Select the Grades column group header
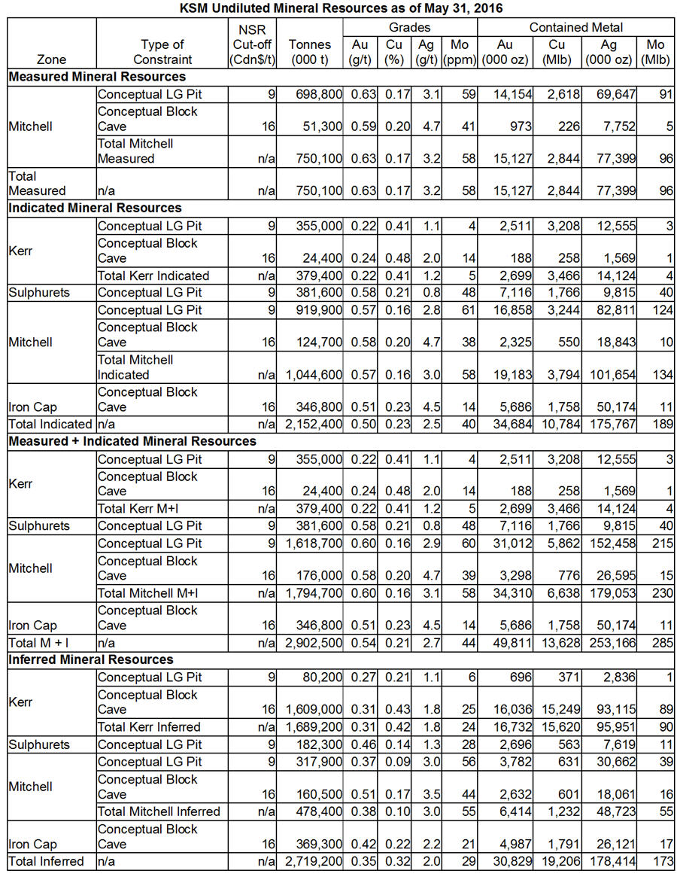(409, 27)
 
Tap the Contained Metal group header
(575, 27)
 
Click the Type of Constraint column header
(162, 51)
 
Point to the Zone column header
(51, 59)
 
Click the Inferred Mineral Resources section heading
(91, 659)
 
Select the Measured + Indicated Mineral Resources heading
(132, 441)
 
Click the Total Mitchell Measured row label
(135, 151)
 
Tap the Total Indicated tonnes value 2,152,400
(315, 425)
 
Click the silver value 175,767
(611, 425)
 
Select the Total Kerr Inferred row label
(149, 726)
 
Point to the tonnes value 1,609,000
(315, 710)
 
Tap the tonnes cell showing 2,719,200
(315, 861)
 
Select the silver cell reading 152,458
(611, 543)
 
